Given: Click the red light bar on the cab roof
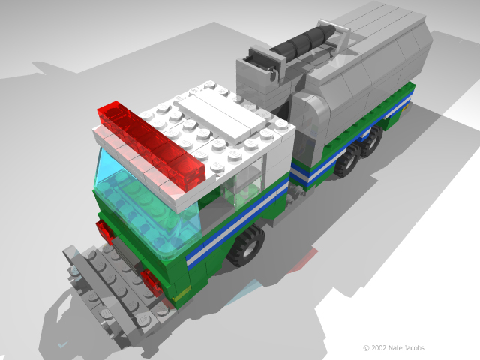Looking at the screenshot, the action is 151,146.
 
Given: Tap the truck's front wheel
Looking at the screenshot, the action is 247,245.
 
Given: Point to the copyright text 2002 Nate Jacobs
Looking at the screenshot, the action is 394,348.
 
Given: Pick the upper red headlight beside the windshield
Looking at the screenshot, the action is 105,231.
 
